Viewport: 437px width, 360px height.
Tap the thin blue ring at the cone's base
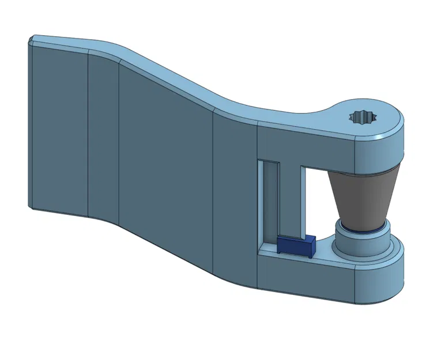(x=363, y=230)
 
